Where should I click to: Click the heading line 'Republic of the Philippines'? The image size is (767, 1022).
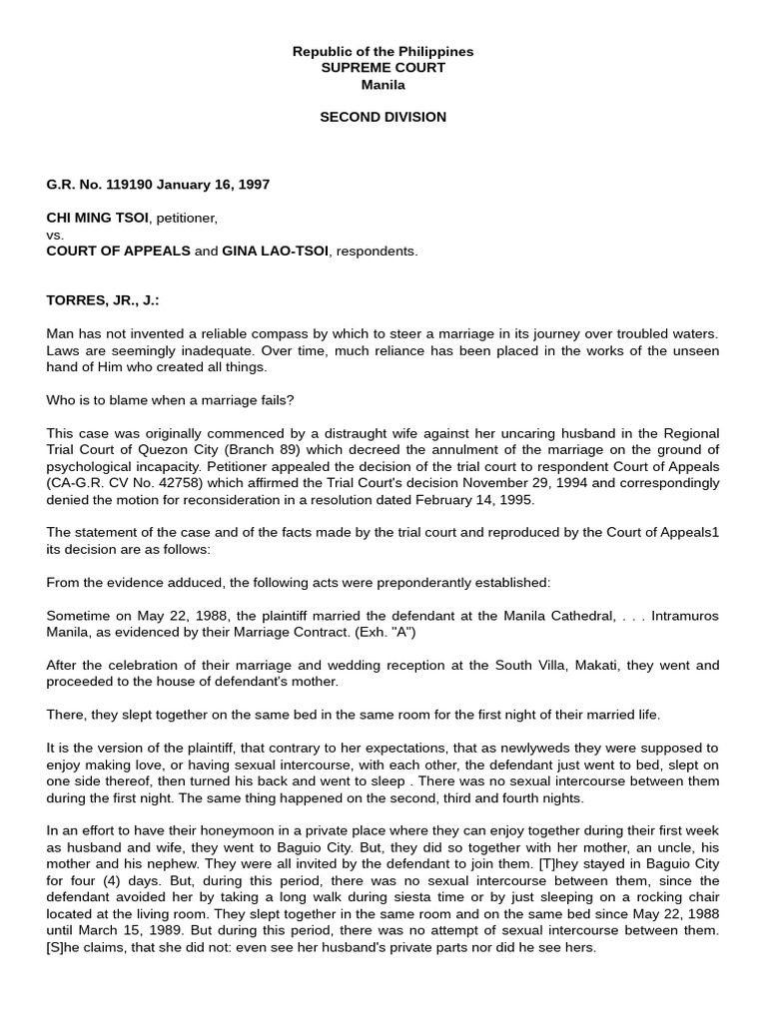[383, 51]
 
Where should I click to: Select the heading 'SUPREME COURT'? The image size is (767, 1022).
[383, 68]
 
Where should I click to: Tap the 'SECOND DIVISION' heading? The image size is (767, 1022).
[383, 117]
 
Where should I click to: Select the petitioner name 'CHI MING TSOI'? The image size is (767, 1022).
[96, 218]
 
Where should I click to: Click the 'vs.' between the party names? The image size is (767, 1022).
[55, 235]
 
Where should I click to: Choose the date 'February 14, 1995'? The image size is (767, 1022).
[474, 499]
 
